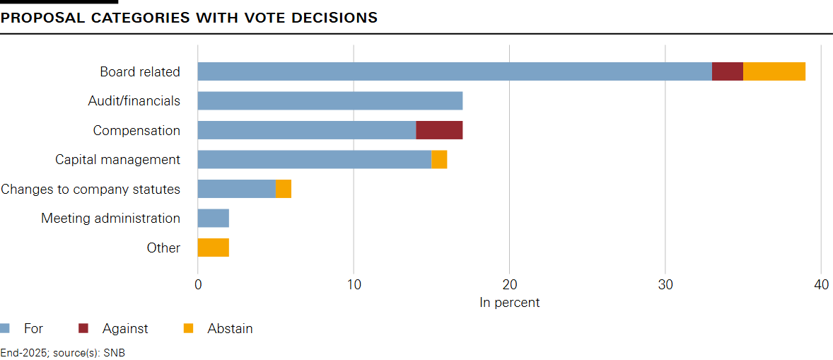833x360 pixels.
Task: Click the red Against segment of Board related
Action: coord(728,71)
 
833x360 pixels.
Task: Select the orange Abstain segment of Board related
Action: coord(774,71)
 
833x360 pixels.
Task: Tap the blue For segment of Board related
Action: coord(455,71)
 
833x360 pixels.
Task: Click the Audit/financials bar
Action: coord(330,100)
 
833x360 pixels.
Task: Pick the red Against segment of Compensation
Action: coord(439,130)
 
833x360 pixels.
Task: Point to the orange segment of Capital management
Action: coord(439,160)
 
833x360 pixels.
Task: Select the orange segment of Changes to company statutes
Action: coord(284,189)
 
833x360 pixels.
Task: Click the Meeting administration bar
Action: coord(214,219)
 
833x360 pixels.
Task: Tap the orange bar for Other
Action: coord(214,248)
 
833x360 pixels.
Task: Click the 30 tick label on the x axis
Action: coord(665,284)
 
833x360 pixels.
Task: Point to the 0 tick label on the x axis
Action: coord(198,284)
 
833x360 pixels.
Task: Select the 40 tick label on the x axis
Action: coord(820,284)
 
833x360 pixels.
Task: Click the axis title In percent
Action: coord(509,303)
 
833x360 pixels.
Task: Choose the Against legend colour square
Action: coord(83,328)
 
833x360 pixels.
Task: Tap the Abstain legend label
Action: coord(230,328)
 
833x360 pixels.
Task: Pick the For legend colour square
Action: coord(5,328)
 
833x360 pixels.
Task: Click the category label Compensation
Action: coord(136,130)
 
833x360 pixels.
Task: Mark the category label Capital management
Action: coord(117,160)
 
